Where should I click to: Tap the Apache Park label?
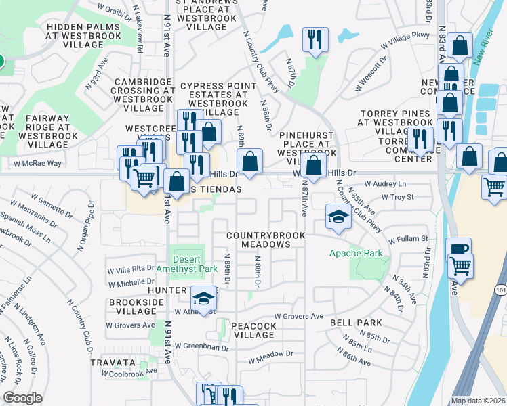tap(356, 254)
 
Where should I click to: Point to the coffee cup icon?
tap(459, 249)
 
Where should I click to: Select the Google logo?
tap(22, 398)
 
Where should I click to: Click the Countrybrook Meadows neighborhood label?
tap(266, 240)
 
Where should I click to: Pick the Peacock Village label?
tap(254, 331)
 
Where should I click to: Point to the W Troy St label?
tap(397, 197)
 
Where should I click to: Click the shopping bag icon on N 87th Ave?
tap(314, 164)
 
